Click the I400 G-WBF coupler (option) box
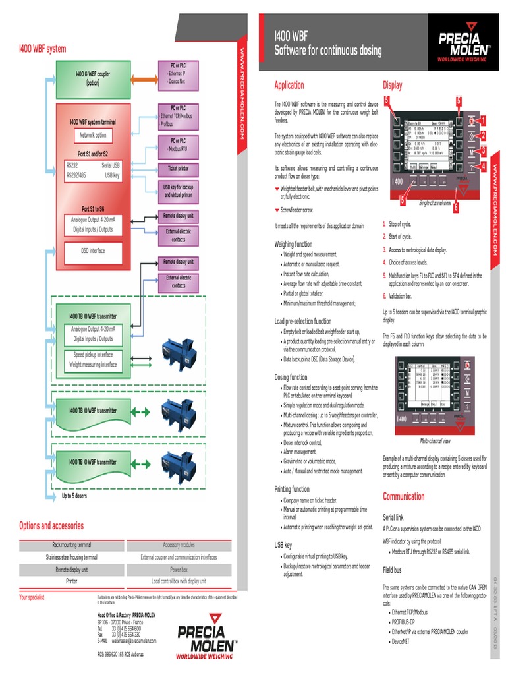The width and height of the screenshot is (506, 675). (x=93, y=78)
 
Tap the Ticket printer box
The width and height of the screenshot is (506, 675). (x=177, y=169)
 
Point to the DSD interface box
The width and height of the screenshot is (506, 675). (x=93, y=250)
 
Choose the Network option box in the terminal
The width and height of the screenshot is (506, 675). (x=93, y=135)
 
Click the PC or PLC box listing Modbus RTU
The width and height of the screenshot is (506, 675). (x=177, y=144)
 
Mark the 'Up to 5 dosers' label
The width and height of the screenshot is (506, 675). (x=74, y=496)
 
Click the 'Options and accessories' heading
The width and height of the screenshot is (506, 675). (x=51, y=525)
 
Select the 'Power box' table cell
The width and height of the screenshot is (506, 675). (x=179, y=569)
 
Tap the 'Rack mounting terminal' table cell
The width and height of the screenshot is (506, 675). (x=72, y=545)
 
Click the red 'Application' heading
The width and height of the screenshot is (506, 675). (x=289, y=85)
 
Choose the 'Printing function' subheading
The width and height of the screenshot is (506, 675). (x=292, y=489)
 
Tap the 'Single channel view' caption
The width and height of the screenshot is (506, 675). (x=435, y=203)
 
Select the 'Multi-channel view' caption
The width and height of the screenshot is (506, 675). (x=435, y=441)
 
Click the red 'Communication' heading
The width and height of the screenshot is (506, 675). (x=404, y=496)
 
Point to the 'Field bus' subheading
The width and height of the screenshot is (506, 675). (x=393, y=569)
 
